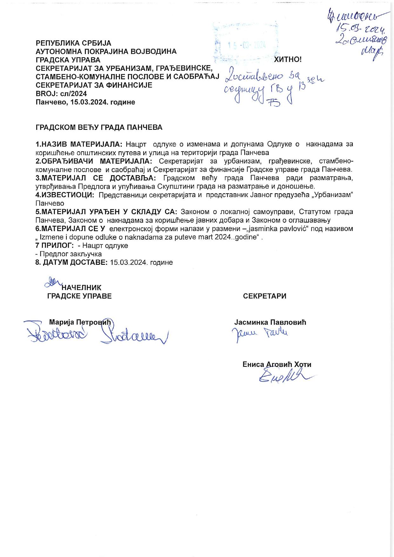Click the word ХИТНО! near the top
(288, 59)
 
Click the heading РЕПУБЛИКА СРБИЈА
(73, 43)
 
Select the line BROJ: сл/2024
(61, 93)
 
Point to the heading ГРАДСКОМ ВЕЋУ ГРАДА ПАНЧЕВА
(99, 127)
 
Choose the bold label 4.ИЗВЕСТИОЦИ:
(65, 195)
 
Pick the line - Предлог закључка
(69, 254)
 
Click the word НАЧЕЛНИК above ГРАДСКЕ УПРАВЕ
(81, 287)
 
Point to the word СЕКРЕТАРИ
(265, 296)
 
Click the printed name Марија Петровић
(81, 322)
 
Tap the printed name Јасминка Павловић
(270, 322)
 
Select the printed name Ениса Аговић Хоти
(277, 364)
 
